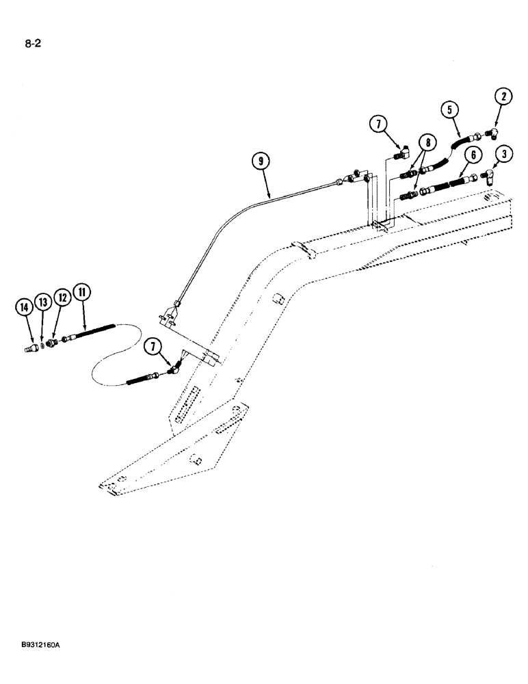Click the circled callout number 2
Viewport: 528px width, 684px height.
pos(503,96)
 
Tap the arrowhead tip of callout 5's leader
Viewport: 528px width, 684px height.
pos(458,137)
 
